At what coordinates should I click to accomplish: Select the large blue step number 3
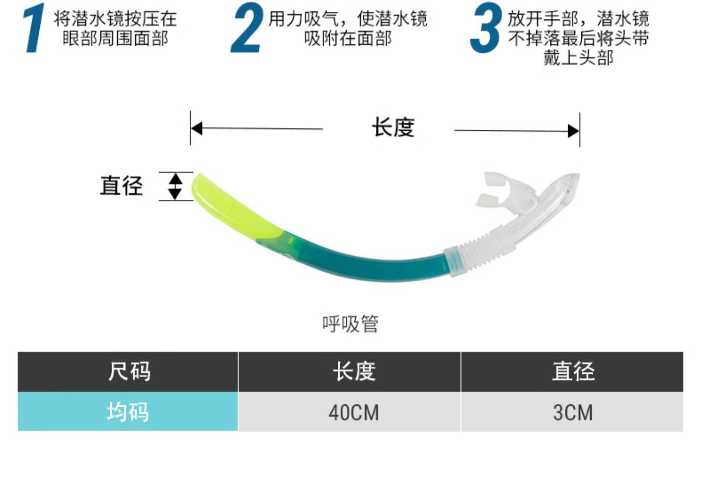pos(485,29)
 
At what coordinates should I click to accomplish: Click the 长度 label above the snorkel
pos(393,128)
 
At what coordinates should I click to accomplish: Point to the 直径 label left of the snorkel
pos(121,185)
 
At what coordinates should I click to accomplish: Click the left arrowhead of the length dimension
pos(197,128)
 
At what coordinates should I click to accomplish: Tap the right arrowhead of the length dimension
pos(573,130)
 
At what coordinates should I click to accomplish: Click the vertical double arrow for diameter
pos(175,186)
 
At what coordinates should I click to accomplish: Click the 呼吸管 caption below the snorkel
pos(350,324)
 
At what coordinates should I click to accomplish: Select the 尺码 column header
pos(129,372)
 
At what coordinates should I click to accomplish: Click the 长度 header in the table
pos(354,372)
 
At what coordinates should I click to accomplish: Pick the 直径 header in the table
pos(573,372)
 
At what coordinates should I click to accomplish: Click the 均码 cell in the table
pos(128,412)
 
